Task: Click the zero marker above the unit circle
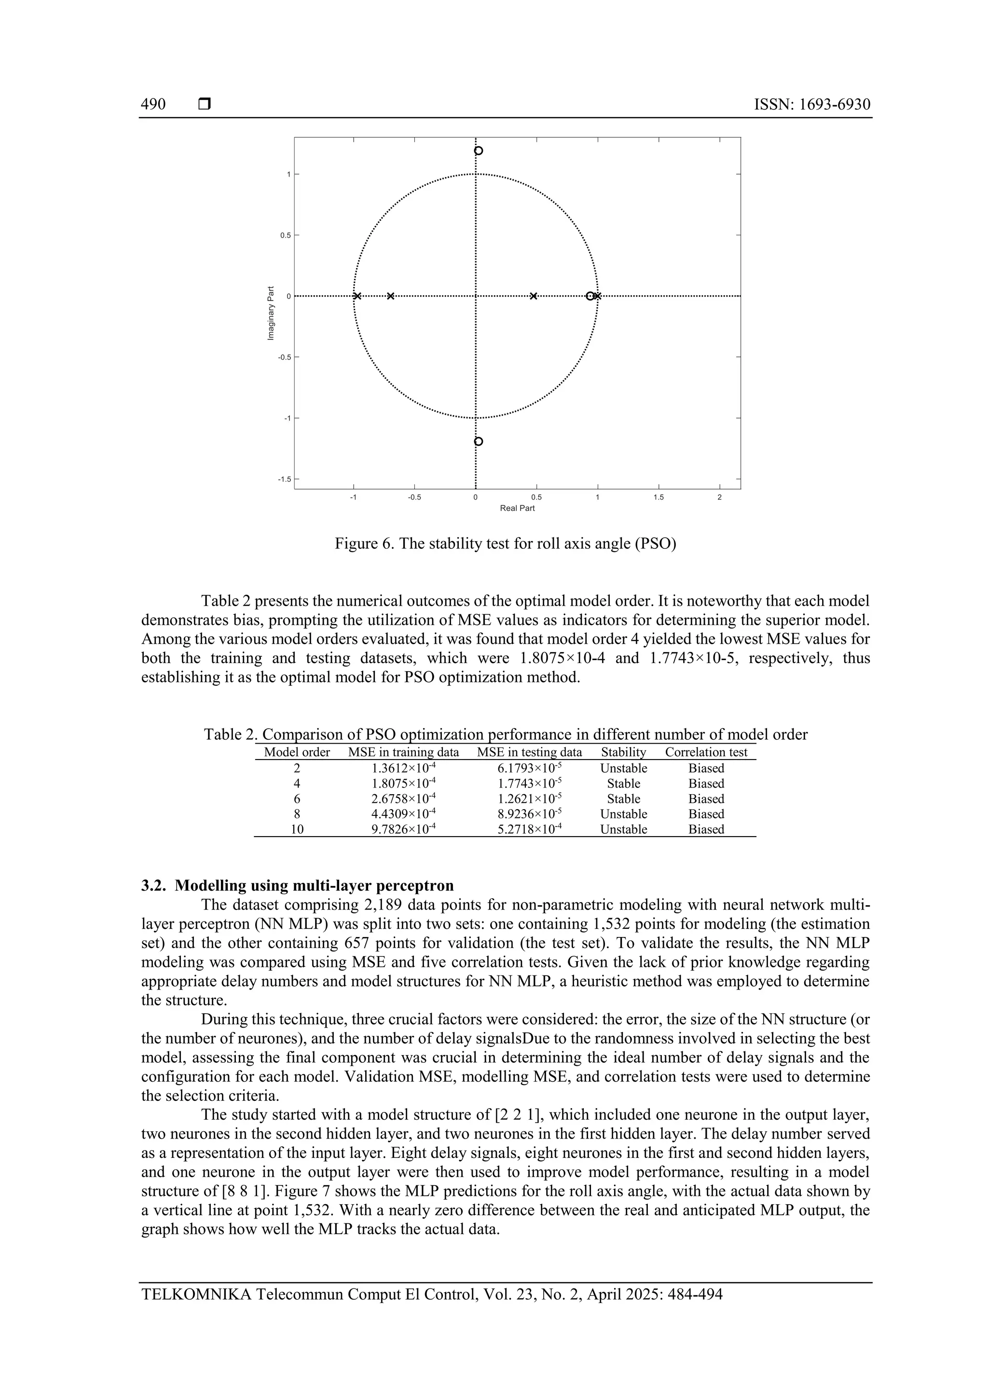click(478, 151)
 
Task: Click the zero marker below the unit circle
click(478, 441)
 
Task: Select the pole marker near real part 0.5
click(533, 296)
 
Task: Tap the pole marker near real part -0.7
click(390, 296)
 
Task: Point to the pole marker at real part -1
click(357, 296)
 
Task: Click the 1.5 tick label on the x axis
click(658, 497)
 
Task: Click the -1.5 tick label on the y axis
click(284, 479)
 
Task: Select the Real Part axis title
click(517, 508)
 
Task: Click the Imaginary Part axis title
click(271, 313)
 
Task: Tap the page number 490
click(153, 105)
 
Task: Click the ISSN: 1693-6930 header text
click(811, 105)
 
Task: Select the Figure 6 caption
click(505, 543)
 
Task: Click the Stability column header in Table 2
click(623, 752)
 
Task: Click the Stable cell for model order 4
click(623, 784)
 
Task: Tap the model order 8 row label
click(297, 814)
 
